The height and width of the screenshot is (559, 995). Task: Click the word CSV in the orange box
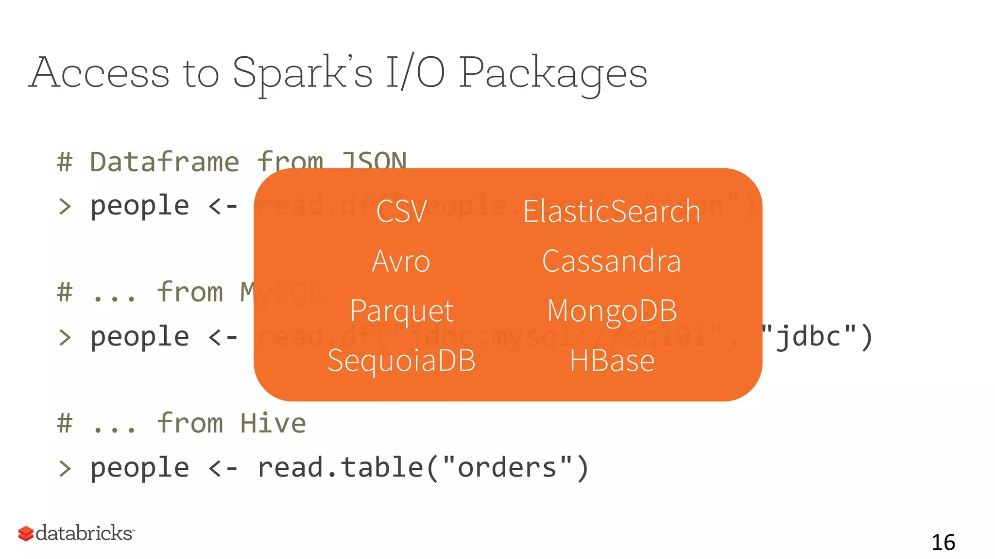tap(401, 212)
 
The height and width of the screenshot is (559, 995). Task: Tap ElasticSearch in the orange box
tap(612, 212)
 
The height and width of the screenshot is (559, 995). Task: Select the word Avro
tap(401, 261)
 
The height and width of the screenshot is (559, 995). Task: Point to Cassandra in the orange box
tap(612, 261)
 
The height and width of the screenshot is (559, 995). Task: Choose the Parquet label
tap(401, 311)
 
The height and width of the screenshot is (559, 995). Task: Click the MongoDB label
tap(612, 311)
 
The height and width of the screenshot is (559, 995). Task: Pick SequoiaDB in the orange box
tap(401, 361)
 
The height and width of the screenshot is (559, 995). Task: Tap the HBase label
tap(612, 361)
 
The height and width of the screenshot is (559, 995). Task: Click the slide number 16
tap(943, 543)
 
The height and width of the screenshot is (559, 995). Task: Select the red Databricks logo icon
tap(26, 534)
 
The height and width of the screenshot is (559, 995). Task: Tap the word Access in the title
tap(100, 73)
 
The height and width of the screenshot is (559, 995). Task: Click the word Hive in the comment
tap(274, 423)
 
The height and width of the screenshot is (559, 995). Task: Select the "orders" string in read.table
tap(507, 468)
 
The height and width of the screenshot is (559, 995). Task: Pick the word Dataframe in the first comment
tap(165, 162)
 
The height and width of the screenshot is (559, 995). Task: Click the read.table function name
tap(341, 468)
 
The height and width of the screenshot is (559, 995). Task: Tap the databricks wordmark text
tap(84, 533)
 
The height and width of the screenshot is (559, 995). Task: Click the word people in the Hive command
tap(140, 468)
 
